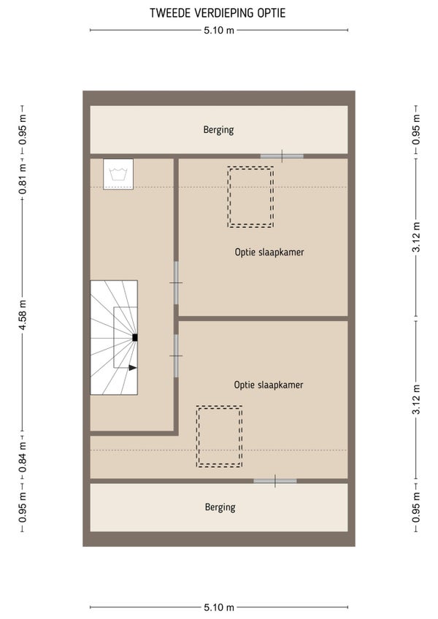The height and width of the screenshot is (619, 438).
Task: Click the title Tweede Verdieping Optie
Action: [x=218, y=12]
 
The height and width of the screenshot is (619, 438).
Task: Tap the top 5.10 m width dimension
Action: [x=219, y=30]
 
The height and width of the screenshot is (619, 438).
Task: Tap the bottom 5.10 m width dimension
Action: [x=219, y=607]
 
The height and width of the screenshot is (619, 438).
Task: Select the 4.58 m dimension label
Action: [x=23, y=315]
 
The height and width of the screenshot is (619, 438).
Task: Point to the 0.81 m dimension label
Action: [x=23, y=179]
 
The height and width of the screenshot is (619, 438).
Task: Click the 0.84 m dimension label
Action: [x=23, y=456]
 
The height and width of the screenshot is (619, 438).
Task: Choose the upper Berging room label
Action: [x=218, y=130]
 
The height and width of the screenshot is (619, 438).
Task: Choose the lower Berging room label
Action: [x=220, y=507]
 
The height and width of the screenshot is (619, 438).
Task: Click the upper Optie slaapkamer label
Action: [x=269, y=253]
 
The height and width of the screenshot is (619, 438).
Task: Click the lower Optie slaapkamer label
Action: [x=269, y=385]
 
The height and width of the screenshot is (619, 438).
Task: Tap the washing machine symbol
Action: [x=118, y=174]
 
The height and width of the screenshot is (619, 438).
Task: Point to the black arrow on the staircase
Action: [x=133, y=368]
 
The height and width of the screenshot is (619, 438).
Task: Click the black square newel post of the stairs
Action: [x=134, y=337]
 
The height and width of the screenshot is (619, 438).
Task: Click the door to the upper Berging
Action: [x=282, y=156]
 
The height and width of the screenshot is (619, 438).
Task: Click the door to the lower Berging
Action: [x=275, y=481]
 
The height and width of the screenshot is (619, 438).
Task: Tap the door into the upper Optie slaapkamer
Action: [x=176, y=282]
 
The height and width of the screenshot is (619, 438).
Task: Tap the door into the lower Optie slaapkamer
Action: [x=176, y=355]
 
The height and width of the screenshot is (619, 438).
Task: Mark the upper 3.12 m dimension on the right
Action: [x=416, y=237]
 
